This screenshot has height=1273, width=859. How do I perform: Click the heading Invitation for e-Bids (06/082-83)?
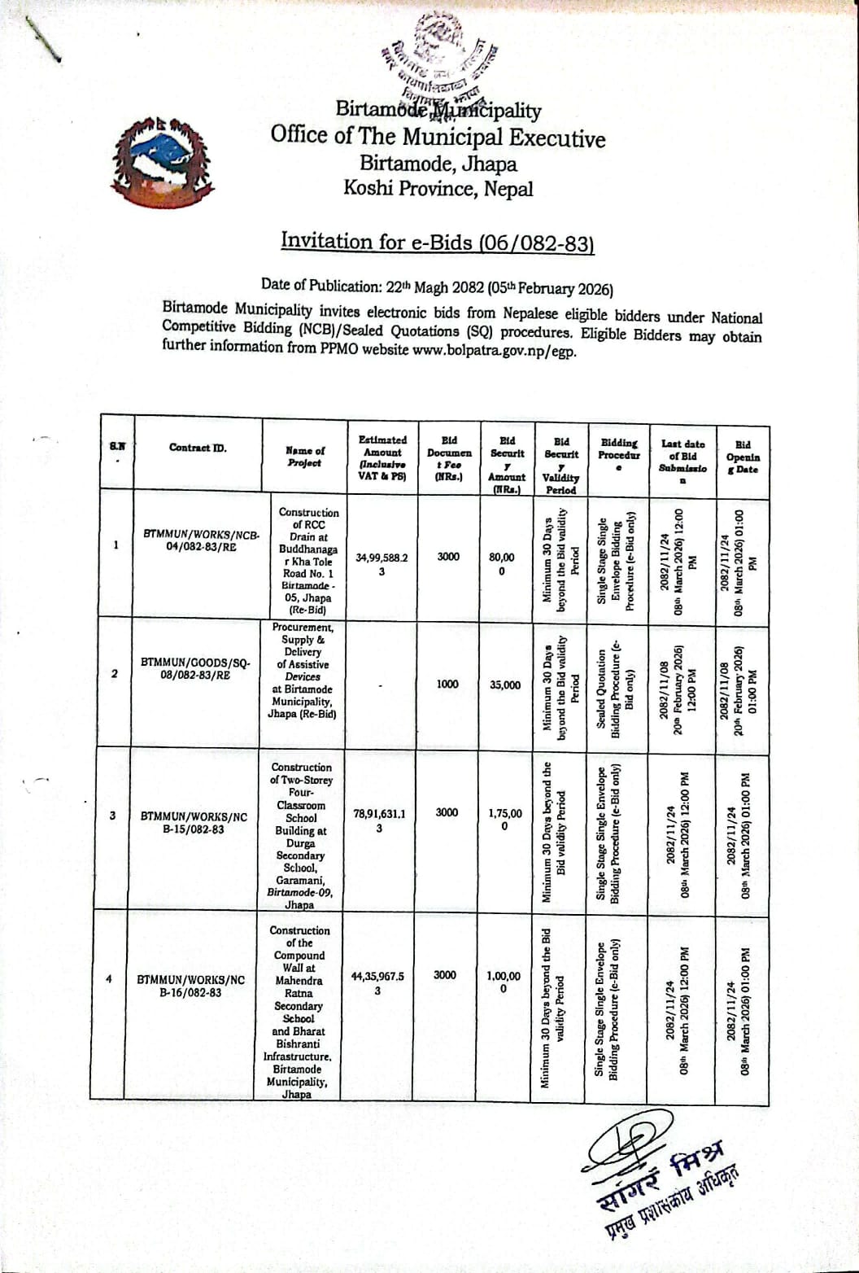coord(438,242)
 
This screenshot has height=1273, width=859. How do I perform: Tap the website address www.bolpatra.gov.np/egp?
coord(494,352)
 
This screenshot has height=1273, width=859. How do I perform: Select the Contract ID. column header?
coord(198,448)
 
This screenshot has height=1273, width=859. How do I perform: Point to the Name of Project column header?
coord(304,457)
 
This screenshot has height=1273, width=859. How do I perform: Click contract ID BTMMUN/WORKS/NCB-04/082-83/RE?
coord(201,540)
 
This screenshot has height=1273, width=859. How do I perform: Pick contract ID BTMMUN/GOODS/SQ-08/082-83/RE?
coord(195,668)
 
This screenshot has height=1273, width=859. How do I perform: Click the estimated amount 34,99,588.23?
coord(382,564)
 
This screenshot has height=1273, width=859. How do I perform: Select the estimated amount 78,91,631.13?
coord(379,820)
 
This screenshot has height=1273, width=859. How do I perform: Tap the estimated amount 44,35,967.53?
coord(377,982)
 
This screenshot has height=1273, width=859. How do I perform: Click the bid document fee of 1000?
coord(447,685)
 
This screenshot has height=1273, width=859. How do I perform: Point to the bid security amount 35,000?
coord(505,685)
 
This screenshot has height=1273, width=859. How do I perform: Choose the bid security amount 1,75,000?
coord(505,819)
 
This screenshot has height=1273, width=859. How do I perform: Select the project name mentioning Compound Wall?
coord(299,1012)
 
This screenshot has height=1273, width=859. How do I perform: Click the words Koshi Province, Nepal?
coord(438,189)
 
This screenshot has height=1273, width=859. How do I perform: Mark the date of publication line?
coord(437,287)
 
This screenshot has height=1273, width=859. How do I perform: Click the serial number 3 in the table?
coord(113,816)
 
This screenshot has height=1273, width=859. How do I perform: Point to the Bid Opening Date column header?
coord(742,457)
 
